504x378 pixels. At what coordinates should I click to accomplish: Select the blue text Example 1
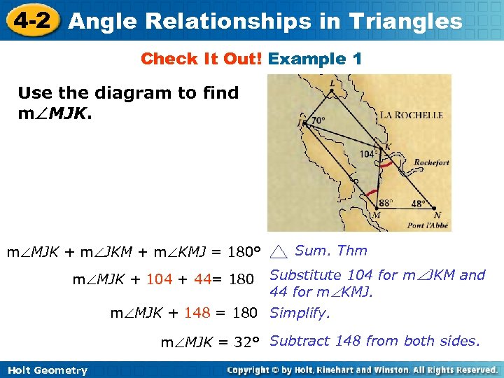[x=315, y=59]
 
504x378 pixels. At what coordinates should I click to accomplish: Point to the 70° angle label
[x=318, y=120]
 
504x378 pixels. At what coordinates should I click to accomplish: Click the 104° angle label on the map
[x=368, y=154]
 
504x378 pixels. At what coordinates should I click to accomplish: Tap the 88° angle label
[x=386, y=202]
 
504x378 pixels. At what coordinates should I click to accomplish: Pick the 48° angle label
[x=418, y=203]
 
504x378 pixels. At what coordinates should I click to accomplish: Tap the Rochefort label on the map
[x=432, y=162]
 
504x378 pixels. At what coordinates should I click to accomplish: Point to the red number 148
[x=197, y=313]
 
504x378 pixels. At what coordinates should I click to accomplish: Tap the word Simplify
[x=300, y=313]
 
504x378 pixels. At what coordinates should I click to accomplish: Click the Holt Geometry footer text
[x=48, y=370]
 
